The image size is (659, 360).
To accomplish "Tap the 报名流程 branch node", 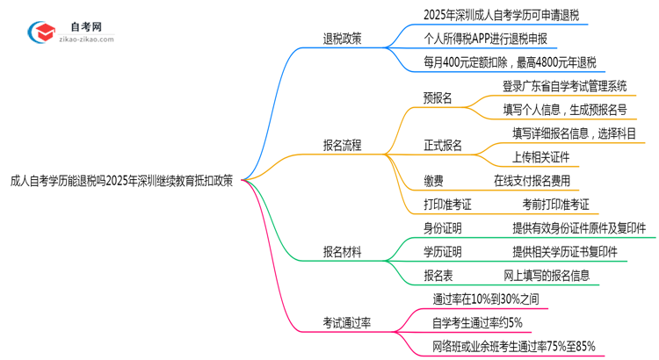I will pos(342,145).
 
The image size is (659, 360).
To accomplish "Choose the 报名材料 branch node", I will pos(342,252).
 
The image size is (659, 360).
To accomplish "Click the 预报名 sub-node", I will pos(438,97).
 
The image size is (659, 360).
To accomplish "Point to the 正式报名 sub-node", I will pos(443,145).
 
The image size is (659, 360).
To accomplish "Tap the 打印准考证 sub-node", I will pos(448,205).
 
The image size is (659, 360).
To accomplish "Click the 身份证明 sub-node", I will pos(443,228).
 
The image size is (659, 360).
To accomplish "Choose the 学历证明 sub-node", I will pos(443,252).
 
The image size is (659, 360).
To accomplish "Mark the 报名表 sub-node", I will pos(438,276).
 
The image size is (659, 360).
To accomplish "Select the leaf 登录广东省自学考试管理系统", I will pos(565,86).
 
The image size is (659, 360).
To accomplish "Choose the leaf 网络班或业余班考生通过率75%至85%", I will pos(514,347).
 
